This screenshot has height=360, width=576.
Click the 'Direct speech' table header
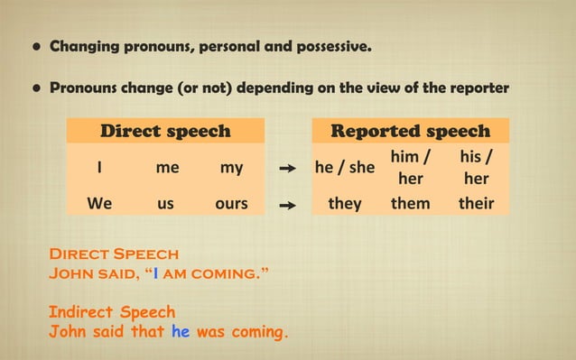(x=164, y=131)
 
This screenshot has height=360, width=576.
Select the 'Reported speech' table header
(x=410, y=131)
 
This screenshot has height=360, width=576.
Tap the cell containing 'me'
(x=166, y=168)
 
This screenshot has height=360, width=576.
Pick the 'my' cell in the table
(x=231, y=168)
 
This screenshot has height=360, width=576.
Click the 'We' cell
(x=99, y=203)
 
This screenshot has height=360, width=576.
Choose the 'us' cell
(x=165, y=203)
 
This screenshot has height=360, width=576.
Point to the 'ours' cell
(x=231, y=203)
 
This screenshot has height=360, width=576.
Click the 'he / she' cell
(x=344, y=168)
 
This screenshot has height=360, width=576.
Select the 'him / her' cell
(x=410, y=168)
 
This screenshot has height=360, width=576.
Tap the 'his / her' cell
(x=475, y=168)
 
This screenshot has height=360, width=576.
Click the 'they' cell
(x=344, y=203)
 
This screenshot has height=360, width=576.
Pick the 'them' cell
(x=410, y=203)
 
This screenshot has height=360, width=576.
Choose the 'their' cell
(x=476, y=203)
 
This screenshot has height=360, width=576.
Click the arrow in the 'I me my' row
(x=288, y=169)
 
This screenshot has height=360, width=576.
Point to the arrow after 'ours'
(x=288, y=205)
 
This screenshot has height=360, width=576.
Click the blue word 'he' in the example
(x=181, y=331)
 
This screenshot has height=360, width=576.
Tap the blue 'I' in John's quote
(x=158, y=273)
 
